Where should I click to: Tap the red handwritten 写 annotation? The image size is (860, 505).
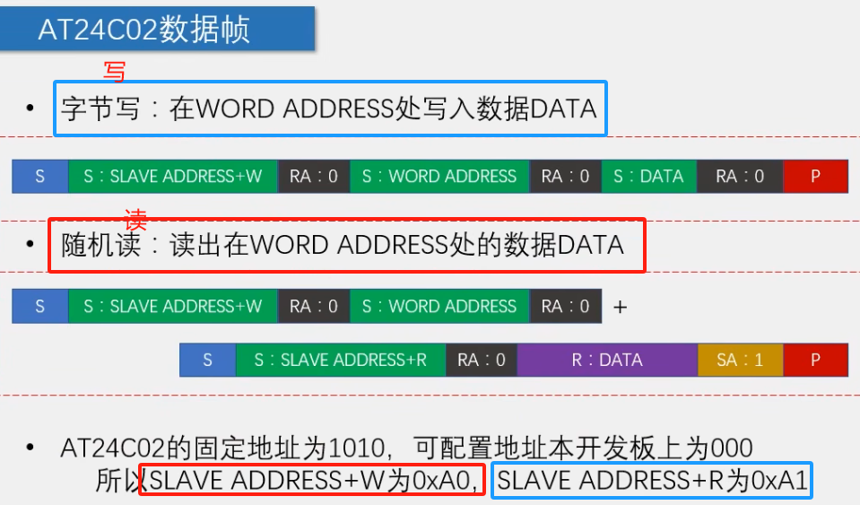click(x=114, y=72)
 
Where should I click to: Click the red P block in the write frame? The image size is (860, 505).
click(x=815, y=177)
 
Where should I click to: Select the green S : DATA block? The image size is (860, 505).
click(x=648, y=177)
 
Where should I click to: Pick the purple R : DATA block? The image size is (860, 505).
click(x=607, y=361)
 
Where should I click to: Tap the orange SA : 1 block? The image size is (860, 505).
click(x=740, y=361)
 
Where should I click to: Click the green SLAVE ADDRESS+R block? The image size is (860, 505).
click(x=341, y=361)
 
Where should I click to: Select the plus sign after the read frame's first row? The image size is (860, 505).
click(x=620, y=307)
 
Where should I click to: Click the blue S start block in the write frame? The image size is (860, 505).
click(x=39, y=177)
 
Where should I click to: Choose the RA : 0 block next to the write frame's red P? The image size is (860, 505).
click(x=740, y=177)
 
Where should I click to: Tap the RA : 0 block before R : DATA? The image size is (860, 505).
click(x=482, y=361)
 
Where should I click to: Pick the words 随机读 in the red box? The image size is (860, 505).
click(x=100, y=245)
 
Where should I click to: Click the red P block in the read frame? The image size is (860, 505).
click(x=815, y=361)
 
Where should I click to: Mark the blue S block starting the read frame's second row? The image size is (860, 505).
click(x=207, y=361)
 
